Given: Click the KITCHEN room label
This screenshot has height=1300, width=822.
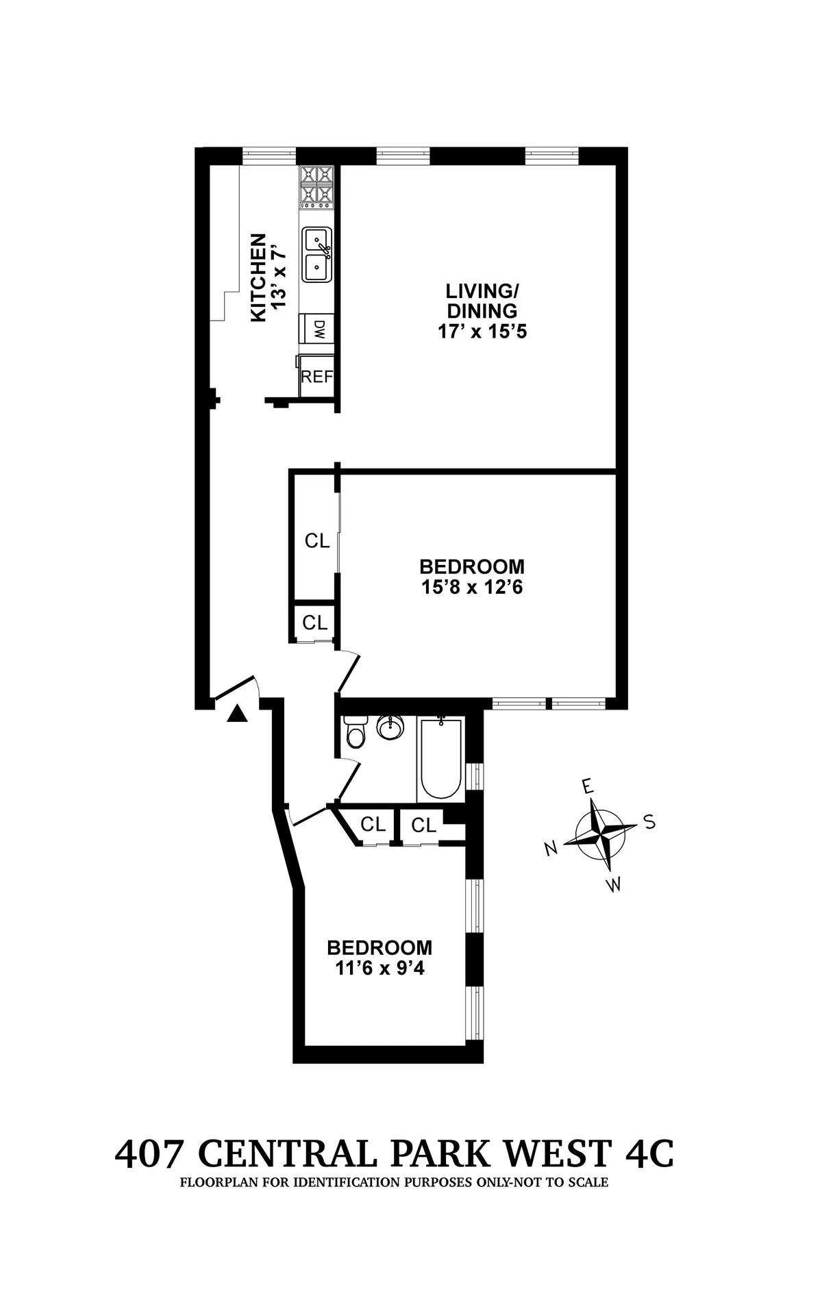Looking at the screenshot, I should (258, 277).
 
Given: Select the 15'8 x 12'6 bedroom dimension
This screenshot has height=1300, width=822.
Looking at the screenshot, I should (472, 587).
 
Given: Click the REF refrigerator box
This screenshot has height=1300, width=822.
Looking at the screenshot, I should (316, 377).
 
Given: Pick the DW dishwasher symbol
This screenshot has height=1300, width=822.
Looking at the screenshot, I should (318, 329).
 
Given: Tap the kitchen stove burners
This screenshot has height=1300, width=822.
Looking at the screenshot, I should (316, 187).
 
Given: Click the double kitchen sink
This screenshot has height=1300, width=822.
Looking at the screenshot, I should (318, 253).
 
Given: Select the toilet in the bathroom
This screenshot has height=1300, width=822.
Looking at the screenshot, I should (356, 733).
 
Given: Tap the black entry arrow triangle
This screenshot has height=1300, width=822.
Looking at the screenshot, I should (237, 714).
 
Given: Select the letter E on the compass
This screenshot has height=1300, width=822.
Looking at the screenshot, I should (586, 787).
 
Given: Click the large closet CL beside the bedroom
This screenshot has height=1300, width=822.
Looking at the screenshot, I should (317, 541).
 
